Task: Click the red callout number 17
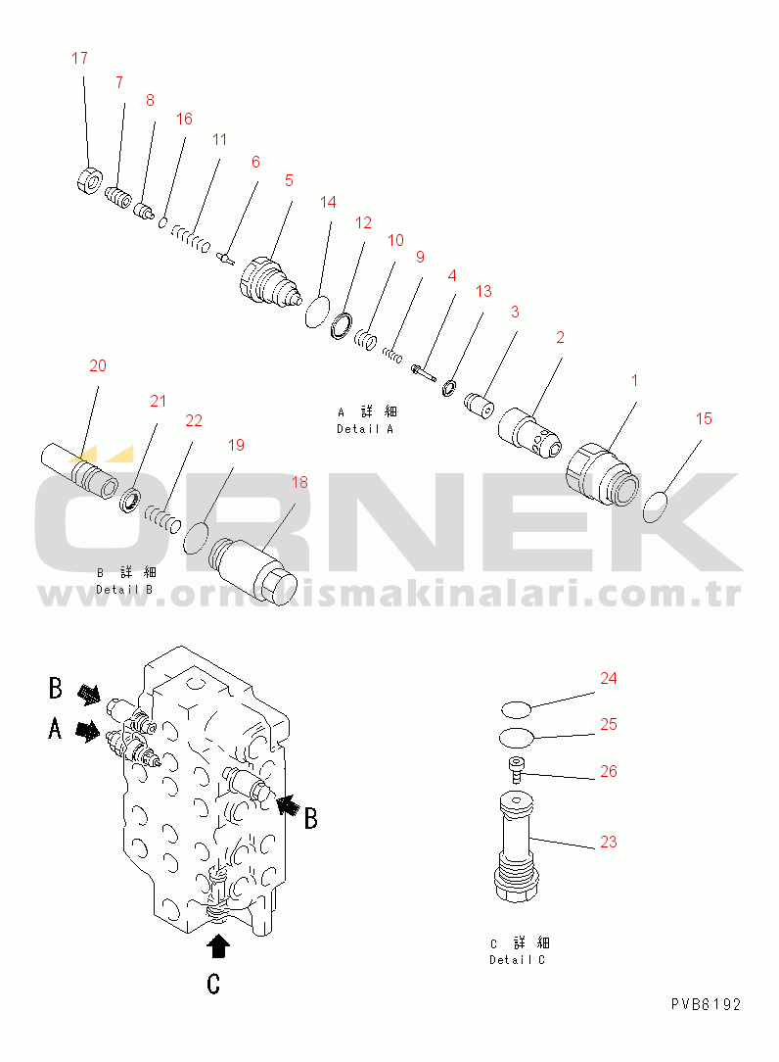(x=80, y=58)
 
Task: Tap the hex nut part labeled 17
(x=88, y=182)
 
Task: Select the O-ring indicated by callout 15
(x=655, y=507)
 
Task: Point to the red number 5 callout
(x=289, y=181)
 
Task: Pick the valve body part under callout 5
(x=271, y=282)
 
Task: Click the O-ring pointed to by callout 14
(x=317, y=312)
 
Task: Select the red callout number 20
(x=98, y=365)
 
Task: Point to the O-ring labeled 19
(x=197, y=537)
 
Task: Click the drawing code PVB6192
(x=706, y=1004)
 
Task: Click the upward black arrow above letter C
(x=217, y=946)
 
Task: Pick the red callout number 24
(x=609, y=679)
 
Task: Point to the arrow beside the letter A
(x=88, y=732)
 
